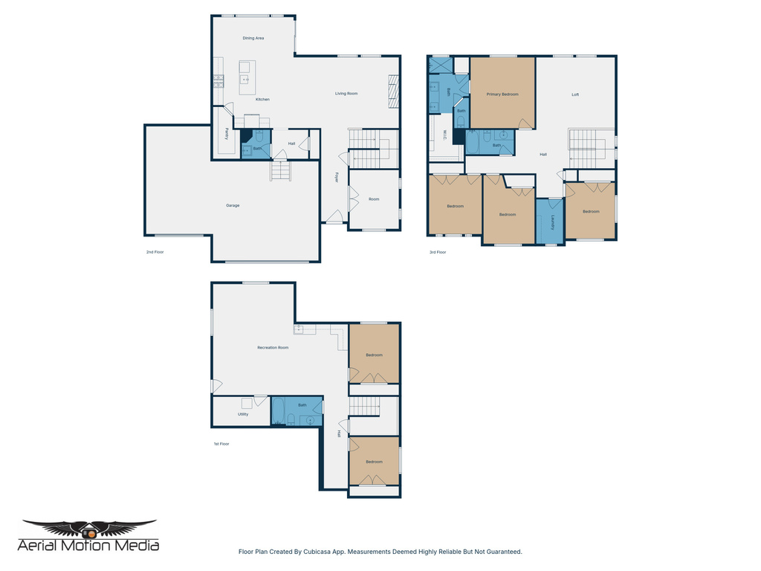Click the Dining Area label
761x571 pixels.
(253, 38)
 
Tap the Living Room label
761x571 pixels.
(346, 94)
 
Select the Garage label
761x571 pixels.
(233, 205)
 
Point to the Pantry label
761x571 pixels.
(227, 134)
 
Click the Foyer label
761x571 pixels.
(336, 178)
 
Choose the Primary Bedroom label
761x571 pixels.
(502, 94)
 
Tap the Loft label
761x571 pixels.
(575, 94)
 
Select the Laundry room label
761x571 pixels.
(554, 222)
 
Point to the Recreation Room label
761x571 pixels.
(273, 348)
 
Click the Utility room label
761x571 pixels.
(243, 414)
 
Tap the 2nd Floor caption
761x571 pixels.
(155, 252)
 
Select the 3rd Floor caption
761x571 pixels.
(437, 252)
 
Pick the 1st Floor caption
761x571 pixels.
(221, 444)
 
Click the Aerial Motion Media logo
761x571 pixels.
(89, 536)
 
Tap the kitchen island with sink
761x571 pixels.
(247, 78)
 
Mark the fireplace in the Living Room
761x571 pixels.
(394, 91)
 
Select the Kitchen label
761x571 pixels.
(262, 100)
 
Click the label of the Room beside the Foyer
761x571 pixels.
(374, 199)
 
